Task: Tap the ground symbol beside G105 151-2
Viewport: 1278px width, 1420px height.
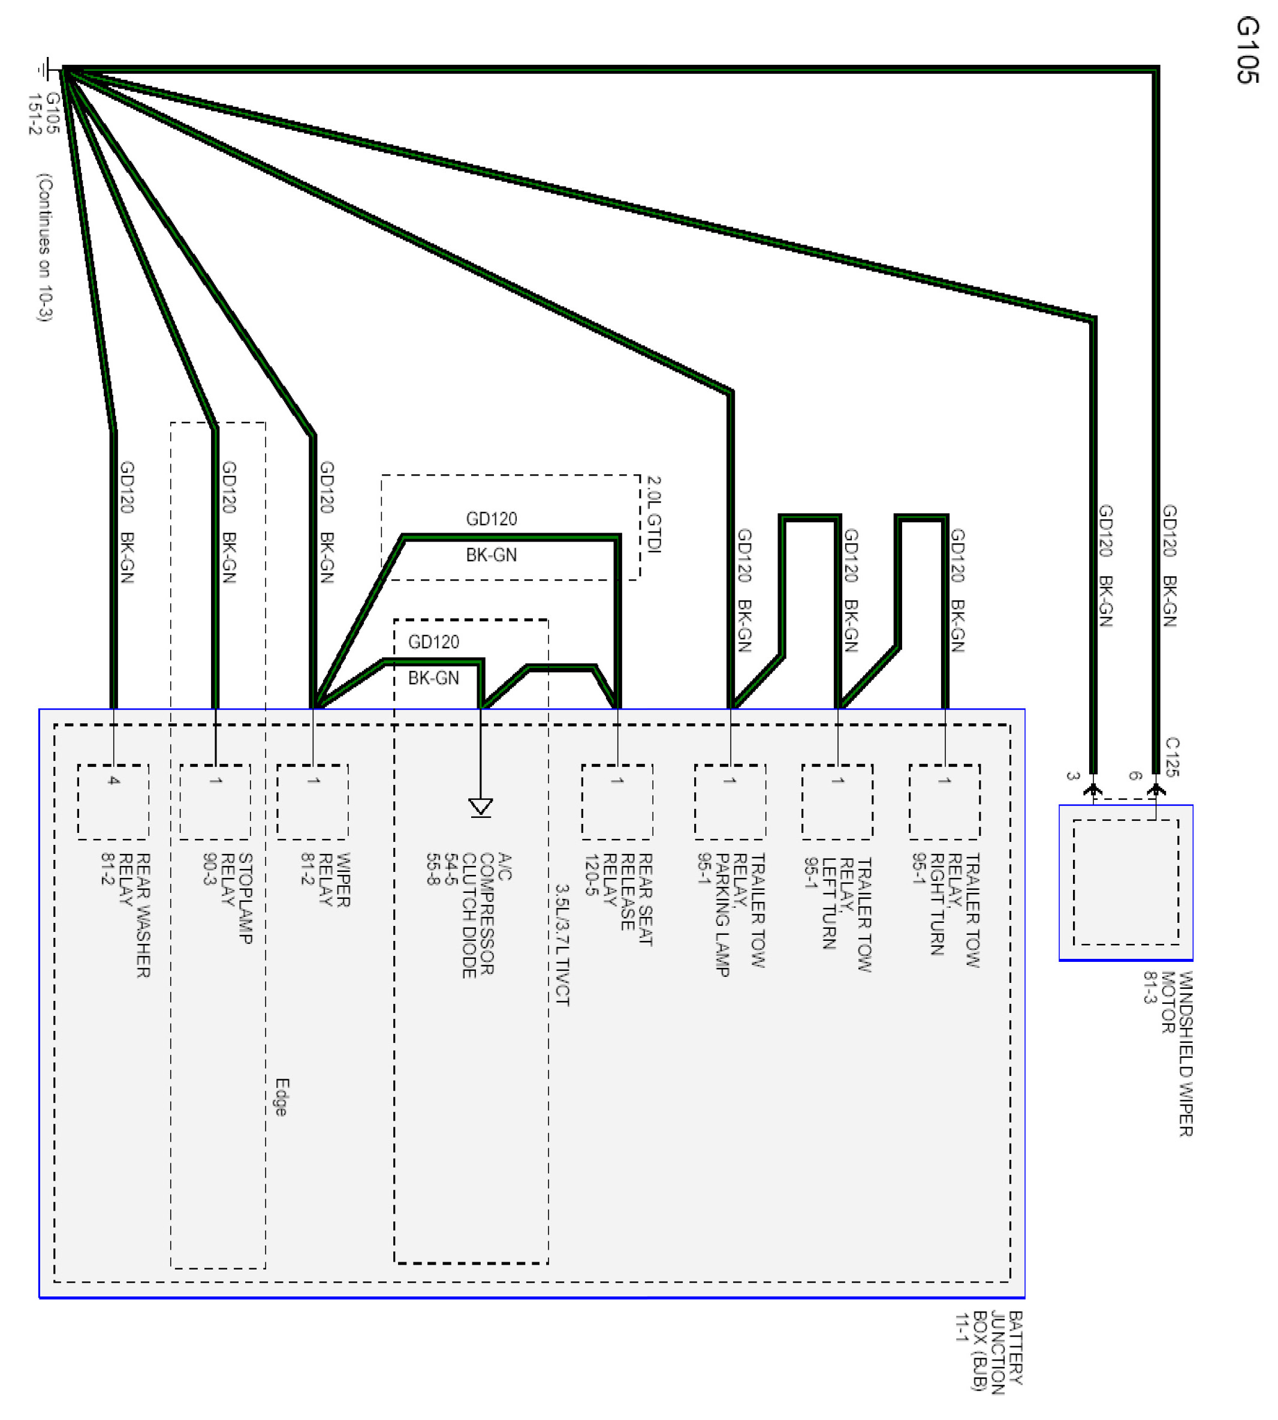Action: pyautogui.click(x=46, y=69)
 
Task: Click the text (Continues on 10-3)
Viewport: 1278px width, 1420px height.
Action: pyautogui.click(x=44, y=247)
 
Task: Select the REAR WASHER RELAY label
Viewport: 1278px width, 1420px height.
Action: pyautogui.click(x=126, y=914)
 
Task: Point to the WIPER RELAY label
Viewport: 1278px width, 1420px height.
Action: pyautogui.click(x=325, y=879)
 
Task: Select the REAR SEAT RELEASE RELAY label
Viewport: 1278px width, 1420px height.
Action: pyautogui.click(x=619, y=899)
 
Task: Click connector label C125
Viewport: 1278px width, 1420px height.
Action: pyautogui.click(x=1171, y=757)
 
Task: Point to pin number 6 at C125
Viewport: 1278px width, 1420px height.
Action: pyautogui.click(x=1135, y=776)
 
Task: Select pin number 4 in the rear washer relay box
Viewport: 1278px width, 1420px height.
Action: pyautogui.click(x=114, y=780)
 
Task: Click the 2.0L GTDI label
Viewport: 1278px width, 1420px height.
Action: pyautogui.click(x=654, y=514)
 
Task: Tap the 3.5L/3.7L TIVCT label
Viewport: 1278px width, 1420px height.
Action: pyautogui.click(x=562, y=944)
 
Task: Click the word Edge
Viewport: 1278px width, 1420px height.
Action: pyautogui.click(x=282, y=1097)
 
